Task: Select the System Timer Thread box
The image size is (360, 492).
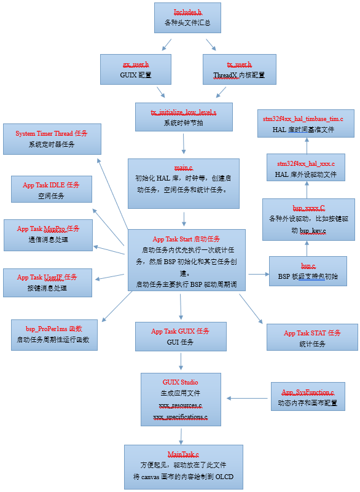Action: [51, 139]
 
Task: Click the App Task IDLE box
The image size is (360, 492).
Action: [52, 189]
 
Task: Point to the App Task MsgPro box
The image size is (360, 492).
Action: [48, 234]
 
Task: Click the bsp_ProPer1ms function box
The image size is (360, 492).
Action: [53, 334]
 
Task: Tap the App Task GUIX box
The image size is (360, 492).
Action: [180, 336]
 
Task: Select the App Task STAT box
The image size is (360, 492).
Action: [311, 338]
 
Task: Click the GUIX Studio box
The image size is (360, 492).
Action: [181, 399]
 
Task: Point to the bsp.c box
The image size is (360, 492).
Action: [307, 271]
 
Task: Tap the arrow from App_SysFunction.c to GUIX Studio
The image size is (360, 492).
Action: [248, 398]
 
